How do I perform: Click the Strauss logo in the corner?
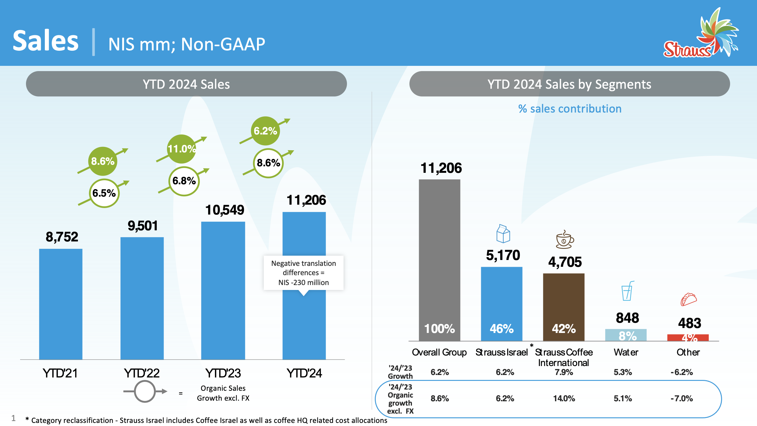700,34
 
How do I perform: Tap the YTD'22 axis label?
142,373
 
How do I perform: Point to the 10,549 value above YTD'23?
225,210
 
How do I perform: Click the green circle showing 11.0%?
182,149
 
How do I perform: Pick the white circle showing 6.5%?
104,193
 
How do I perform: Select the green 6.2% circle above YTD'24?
265,131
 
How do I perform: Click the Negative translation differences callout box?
303,273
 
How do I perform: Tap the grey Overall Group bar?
439,260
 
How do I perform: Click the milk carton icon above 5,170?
503,234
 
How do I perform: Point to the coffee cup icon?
565,240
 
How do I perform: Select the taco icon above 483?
689,299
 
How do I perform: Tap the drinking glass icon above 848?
627,291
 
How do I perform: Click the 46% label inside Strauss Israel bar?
502,329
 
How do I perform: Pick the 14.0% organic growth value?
564,398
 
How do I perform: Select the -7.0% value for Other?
682,398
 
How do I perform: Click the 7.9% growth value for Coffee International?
564,372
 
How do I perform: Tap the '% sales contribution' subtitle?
570,109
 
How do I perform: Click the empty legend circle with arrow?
145,391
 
